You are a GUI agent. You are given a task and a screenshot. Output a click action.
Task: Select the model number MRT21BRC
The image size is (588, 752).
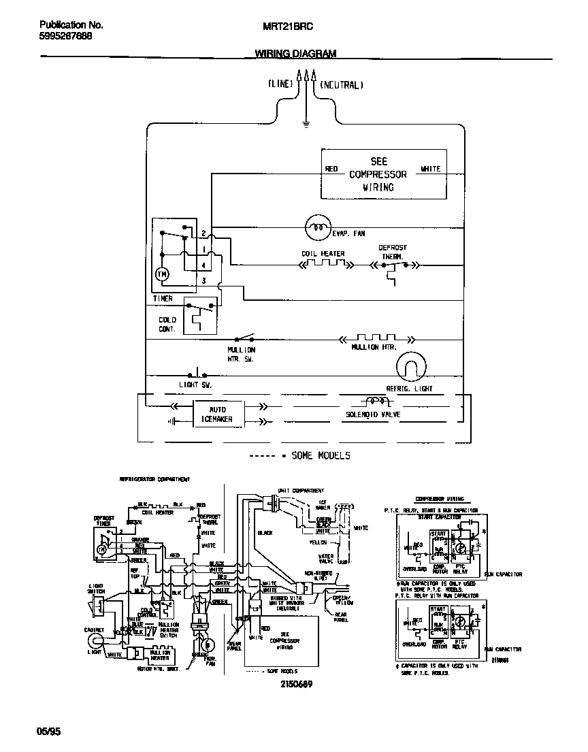pos(288,25)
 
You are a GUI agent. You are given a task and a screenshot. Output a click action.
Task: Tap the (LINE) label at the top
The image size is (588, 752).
pos(279,85)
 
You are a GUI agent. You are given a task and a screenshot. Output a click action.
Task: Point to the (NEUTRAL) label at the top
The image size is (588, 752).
pos(342,85)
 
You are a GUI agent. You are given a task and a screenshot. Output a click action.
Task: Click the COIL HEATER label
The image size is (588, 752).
pos(323,254)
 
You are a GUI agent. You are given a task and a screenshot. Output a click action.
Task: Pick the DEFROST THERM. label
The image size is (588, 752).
pos(393,252)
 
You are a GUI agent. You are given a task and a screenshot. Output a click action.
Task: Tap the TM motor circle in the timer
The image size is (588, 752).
pos(162,274)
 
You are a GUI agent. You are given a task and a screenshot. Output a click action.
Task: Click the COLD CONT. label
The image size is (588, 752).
pos(167,324)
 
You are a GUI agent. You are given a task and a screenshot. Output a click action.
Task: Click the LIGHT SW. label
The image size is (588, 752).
pos(195,385)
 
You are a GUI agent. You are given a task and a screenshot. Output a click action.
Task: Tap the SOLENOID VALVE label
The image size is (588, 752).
pos(372,414)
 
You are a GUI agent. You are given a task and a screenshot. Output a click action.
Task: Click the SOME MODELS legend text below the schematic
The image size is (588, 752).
pos(320,455)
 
